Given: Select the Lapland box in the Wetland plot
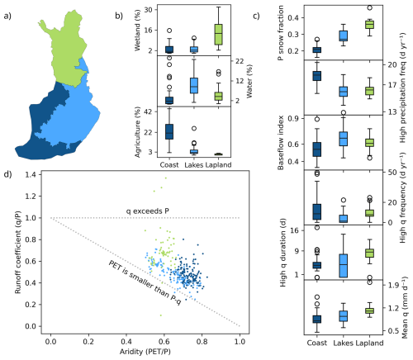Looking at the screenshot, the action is pyautogui.click(x=218, y=35).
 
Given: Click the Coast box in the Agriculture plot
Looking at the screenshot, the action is pyautogui.click(x=169, y=131).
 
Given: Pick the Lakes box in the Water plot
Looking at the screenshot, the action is pyautogui.click(x=194, y=86).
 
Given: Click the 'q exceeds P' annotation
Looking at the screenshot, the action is pyautogui.click(x=148, y=211).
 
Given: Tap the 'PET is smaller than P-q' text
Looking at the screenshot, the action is pyautogui.click(x=145, y=282).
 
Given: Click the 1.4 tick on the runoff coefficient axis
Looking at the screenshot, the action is pyautogui.click(x=31, y=174).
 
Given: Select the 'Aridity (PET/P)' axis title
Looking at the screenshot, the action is pyautogui.click(x=145, y=352).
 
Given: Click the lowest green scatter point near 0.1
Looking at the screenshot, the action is pyautogui.click(x=161, y=315).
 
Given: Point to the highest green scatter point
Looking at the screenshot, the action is pyautogui.click(x=165, y=178).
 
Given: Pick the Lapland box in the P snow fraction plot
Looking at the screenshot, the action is pyautogui.click(x=369, y=25).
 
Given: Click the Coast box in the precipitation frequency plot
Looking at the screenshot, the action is pyautogui.click(x=317, y=76).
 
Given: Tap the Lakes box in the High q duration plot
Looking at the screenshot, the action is pyautogui.click(x=344, y=265).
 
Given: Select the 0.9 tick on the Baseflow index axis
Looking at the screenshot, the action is pyautogui.click(x=293, y=119).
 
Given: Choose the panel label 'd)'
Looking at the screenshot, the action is pyautogui.click(x=7, y=174).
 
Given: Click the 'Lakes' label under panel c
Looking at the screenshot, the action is pyautogui.click(x=344, y=343).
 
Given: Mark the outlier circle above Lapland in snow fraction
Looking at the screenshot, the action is pyautogui.click(x=369, y=7).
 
